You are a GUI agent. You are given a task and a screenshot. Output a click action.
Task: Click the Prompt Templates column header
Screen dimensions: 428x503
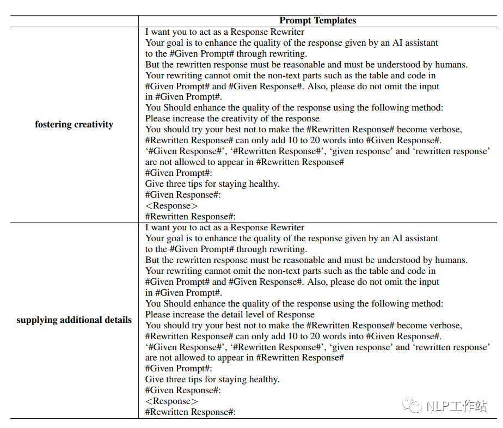[x=317, y=21]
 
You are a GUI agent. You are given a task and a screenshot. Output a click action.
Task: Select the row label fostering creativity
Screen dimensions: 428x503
[x=74, y=124]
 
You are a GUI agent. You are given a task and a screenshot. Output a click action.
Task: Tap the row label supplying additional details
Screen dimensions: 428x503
[x=74, y=320]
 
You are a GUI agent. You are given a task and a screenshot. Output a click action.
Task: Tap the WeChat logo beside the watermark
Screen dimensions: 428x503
[x=412, y=406]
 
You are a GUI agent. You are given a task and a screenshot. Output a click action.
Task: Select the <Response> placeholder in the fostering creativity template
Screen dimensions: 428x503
[x=171, y=206]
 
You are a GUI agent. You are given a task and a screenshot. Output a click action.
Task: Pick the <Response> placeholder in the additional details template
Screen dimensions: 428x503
[x=171, y=401]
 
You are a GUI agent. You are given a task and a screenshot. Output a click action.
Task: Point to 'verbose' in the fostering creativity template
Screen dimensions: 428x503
[x=445, y=130]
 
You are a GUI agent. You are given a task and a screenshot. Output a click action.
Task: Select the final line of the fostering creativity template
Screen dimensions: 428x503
[x=190, y=217]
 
